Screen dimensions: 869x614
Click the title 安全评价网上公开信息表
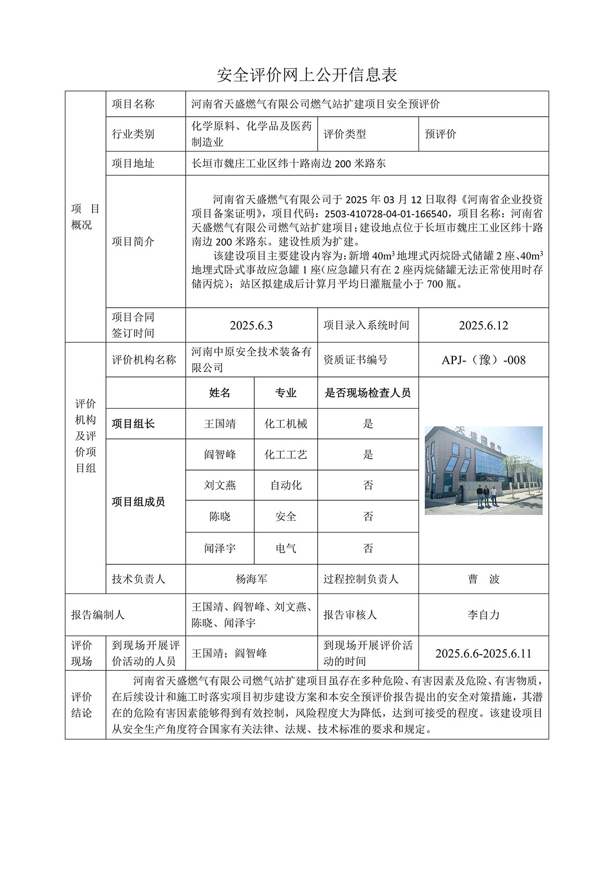coord(307,75)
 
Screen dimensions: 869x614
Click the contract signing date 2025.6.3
coord(251,326)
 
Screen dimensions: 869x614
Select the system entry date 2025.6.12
coord(484,326)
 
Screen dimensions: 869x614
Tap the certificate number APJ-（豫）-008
coord(484,361)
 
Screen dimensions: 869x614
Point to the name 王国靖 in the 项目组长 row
coord(220,424)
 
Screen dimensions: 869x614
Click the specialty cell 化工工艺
coord(286,455)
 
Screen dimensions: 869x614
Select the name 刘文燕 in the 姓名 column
coord(220,485)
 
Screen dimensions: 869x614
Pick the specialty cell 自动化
coord(286,485)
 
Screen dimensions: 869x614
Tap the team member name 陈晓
coord(220,517)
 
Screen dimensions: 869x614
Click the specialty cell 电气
coord(286,548)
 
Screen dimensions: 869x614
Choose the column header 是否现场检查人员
coord(368,393)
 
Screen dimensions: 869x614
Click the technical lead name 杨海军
coord(251,580)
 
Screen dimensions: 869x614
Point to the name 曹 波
coord(484,580)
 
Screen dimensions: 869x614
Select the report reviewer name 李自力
coord(484,615)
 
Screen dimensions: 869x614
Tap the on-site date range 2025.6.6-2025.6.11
coord(484,654)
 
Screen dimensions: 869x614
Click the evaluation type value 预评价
coord(440,134)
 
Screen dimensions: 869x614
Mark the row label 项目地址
coord(133,164)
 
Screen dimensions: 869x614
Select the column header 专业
coord(286,393)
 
